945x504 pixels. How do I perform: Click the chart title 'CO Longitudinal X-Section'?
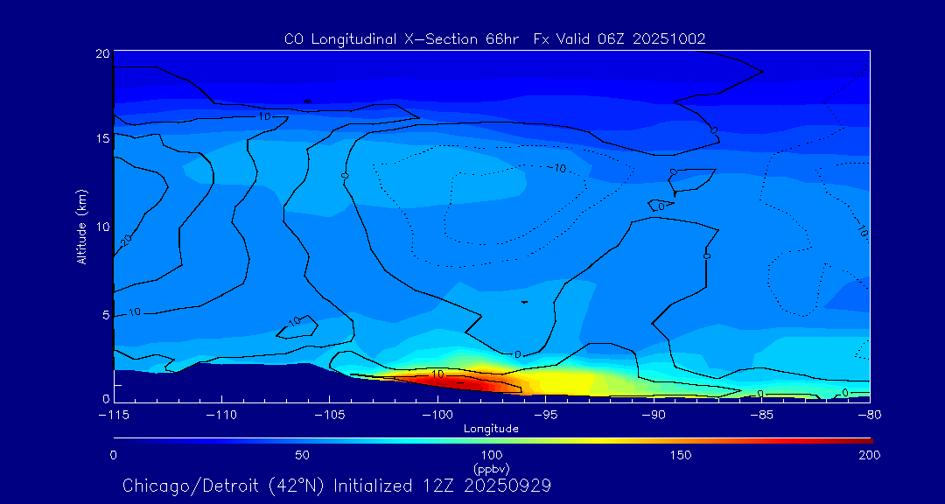tap(381, 39)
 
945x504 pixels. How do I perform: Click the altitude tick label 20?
tap(101, 53)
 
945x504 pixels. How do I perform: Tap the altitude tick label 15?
tap(101, 138)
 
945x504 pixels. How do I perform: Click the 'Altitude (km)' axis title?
tap(82, 227)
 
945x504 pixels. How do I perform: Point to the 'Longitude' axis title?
tap(491, 429)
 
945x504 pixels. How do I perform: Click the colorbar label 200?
tap(869, 455)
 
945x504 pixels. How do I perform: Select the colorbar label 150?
tap(680, 455)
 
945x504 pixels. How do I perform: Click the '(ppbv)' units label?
tap(491, 468)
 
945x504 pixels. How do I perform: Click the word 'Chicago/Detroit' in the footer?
tap(179, 485)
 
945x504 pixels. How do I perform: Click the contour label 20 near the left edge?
tap(126, 240)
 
